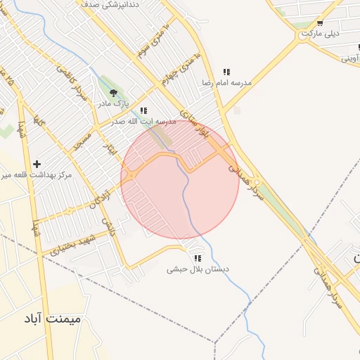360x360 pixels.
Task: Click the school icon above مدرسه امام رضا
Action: tap(226, 72)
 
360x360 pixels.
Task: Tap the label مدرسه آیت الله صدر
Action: tap(144, 122)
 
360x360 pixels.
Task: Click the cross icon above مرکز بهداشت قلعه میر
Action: tap(37, 163)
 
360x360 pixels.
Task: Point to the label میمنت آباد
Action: tap(53, 319)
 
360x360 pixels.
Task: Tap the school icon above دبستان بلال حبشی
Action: tap(198, 258)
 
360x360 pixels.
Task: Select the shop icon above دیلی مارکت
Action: tap(320, 22)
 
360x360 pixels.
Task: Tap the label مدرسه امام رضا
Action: tap(226, 83)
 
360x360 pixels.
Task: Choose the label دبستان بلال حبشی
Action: tap(198, 269)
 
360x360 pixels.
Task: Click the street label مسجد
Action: tap(82, 140)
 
